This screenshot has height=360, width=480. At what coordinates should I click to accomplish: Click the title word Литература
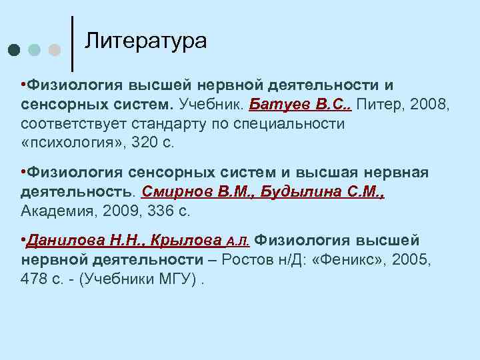146,41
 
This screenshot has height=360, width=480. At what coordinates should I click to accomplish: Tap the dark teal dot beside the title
15,50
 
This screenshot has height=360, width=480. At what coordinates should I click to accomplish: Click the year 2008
427,105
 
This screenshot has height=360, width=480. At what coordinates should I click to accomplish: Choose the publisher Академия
57,211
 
